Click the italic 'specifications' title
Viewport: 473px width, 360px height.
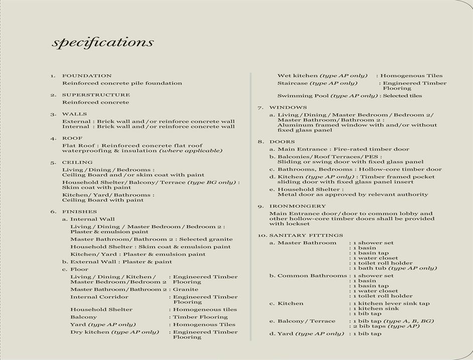102,42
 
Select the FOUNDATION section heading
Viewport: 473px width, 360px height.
87,76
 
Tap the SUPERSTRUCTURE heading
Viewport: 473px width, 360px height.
96,95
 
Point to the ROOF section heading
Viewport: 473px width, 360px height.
72,138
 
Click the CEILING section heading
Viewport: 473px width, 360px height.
77,163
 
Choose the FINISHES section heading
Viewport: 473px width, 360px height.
79,212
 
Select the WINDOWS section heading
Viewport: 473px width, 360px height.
288,107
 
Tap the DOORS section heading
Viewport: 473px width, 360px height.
282,142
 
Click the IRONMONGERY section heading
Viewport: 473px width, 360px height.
297,206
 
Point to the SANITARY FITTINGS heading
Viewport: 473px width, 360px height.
306,235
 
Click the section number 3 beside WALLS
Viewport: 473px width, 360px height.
53,114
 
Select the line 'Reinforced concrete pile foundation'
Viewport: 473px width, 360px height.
122,83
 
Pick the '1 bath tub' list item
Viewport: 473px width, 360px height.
372,268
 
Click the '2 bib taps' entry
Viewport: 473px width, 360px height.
371,326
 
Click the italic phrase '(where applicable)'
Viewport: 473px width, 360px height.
191,151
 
